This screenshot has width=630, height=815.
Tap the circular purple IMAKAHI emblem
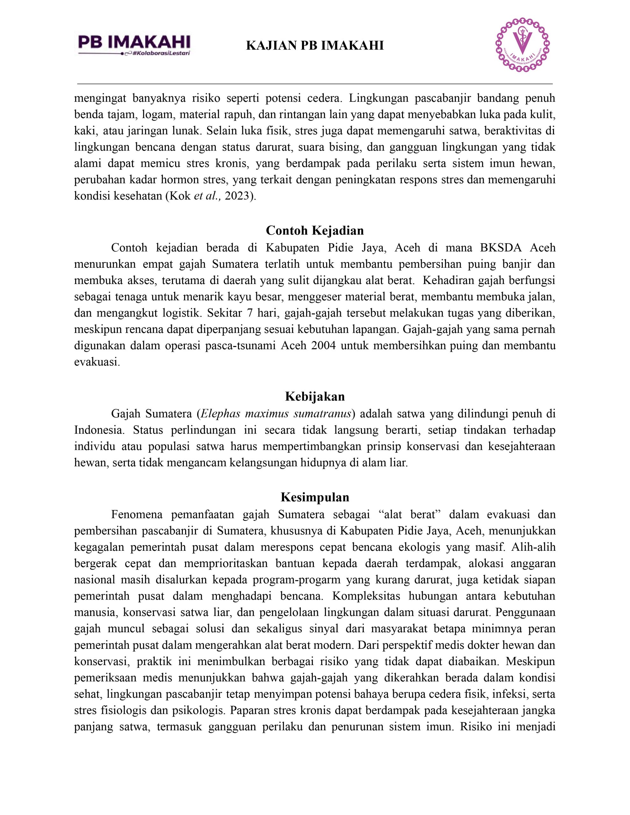click(x=522, y=45)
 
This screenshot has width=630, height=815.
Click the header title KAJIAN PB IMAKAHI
click(x=315, y=46)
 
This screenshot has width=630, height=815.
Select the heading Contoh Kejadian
click(x=315, y=230)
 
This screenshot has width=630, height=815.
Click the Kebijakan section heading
click(x=315, y=396)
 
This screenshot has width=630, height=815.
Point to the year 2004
click(x=323, y=345)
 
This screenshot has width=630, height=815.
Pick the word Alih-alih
click(x=533, y=547)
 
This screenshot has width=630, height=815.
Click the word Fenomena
click(x=137, y=514)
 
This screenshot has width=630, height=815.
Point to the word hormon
click(x=175, y=180)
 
